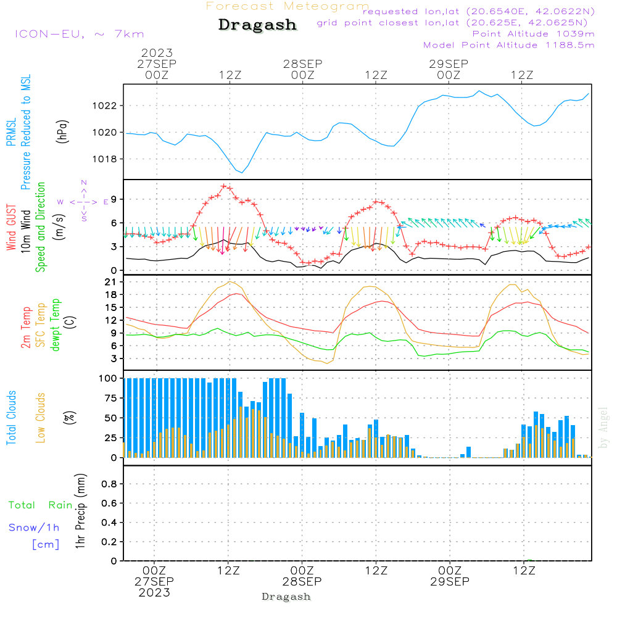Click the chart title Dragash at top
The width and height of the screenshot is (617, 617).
point(257,25)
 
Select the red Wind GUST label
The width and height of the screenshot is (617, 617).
point(11,228)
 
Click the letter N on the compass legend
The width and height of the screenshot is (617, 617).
point(84,183)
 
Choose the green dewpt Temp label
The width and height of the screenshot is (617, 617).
point(56,325)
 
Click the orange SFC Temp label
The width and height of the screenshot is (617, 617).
point(41,325)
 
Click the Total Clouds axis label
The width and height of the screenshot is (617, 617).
point(11,418)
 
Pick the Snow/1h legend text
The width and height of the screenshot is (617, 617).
point(34,528)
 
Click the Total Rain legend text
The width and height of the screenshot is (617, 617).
point(40,505)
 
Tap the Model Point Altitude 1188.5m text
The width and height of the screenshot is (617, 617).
point(509,45)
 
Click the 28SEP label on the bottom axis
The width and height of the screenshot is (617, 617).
point(302,582)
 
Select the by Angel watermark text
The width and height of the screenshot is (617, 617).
point(603,428)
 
